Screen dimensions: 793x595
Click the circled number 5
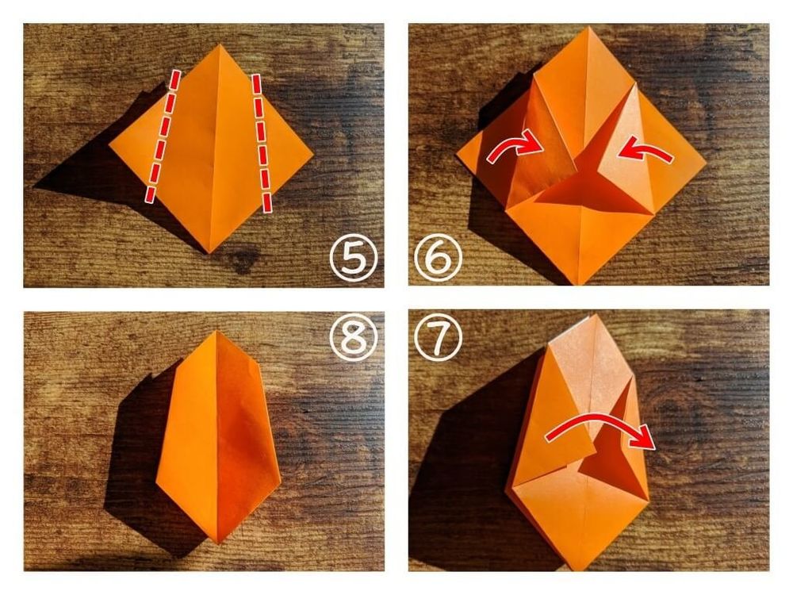point(354,258)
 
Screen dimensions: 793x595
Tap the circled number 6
point(438,258)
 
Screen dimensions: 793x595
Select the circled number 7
point(438,336)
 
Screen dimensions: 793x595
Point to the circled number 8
point(354,336)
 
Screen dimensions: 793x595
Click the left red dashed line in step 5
point(163,136)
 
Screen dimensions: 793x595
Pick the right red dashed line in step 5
point(262,142)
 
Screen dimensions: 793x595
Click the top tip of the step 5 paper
point(220,44)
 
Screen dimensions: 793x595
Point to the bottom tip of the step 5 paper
point(210,252)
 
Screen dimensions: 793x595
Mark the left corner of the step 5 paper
point(109,145)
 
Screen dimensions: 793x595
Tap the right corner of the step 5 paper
point(313,153)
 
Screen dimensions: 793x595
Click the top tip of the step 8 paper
point(216,332)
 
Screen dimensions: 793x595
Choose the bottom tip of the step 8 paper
point(219,543)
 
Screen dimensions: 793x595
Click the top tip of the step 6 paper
point(588,27)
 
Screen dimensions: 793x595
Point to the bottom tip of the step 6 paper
point(580,284)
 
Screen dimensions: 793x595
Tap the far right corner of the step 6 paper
point(706,164)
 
